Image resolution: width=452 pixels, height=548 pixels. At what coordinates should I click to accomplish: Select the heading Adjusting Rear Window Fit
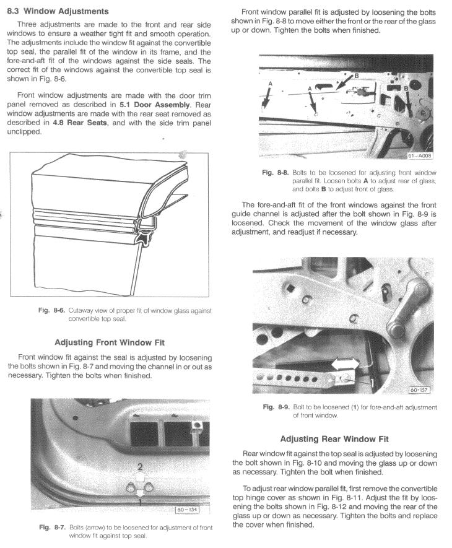tap(335, 439)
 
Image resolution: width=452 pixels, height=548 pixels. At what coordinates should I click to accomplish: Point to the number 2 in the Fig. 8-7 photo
tap(141, 466)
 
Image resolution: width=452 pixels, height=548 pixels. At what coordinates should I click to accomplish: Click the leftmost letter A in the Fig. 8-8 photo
tap(270, 82)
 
